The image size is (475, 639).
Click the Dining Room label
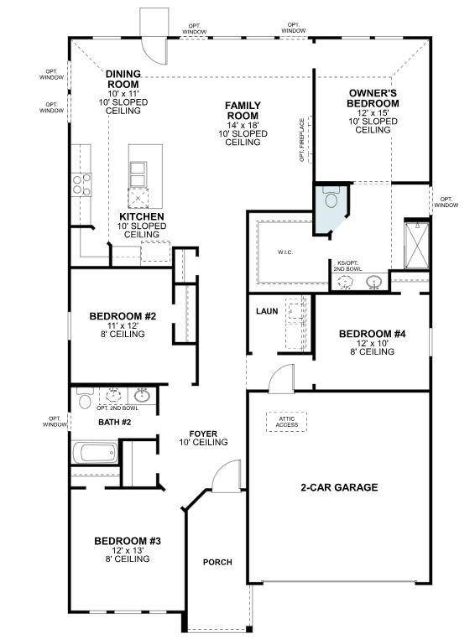123,79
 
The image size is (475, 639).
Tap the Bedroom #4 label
372,334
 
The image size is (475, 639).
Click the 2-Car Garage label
339,487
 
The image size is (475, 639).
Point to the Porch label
217,562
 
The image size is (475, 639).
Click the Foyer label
203,434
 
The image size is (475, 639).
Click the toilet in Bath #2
84,400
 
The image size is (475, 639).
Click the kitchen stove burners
80,183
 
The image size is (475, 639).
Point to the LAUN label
267,311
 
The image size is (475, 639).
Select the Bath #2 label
115,422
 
